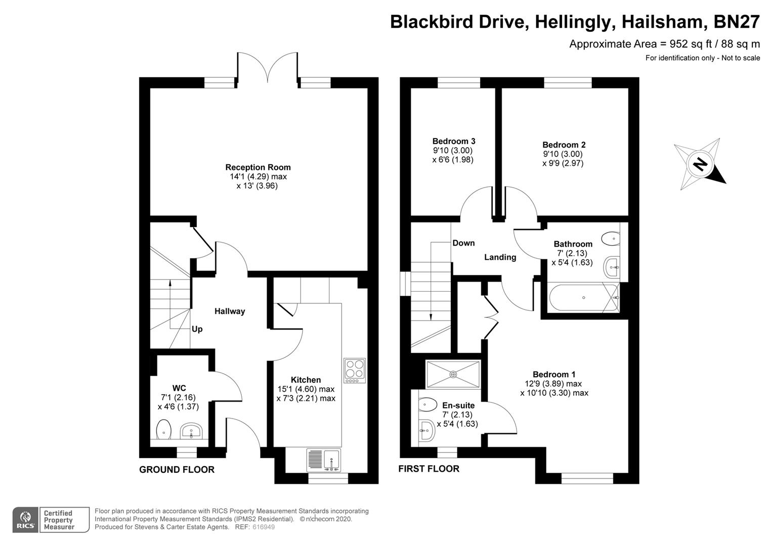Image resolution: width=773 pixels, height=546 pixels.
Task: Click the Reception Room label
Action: [x=258, y=167]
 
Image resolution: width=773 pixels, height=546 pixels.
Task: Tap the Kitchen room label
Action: [x=306, y=380]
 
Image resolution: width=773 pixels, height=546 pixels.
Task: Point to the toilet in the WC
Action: [x=164, y=430]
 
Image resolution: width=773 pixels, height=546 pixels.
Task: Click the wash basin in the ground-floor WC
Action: [x=191, y=431]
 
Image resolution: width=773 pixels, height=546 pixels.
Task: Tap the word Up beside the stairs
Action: [x=197, y=329]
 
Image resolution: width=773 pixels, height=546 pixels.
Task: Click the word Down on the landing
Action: [x=463, y=243]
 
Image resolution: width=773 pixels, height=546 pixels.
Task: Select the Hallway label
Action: [x=230, y=311]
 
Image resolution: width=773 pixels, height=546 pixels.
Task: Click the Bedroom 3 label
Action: [x=454, y=142]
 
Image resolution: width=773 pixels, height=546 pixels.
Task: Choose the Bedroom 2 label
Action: [x=564, y=145]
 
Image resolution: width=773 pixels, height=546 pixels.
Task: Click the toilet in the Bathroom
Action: [x=610, y=237]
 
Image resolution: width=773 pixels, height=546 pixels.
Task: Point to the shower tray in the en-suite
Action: [x=453, y=374]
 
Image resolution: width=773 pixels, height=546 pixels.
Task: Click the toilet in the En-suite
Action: [x=428, y=404]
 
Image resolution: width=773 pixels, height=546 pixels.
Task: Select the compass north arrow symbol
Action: [x=700, y=165]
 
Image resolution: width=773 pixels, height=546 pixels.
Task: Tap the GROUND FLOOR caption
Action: [x=177, y=470]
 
